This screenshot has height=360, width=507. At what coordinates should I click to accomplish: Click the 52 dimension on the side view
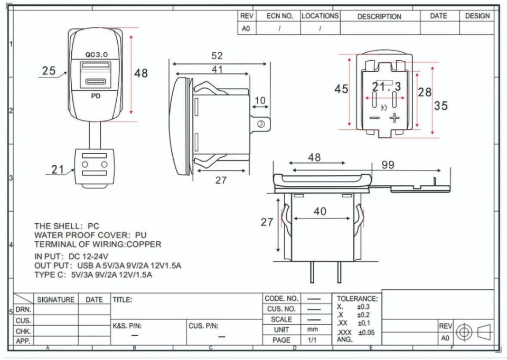pyautogui.click(x=217, y=55)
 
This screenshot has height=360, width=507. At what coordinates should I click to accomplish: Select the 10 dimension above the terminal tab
pyautogui.click(x=260, y=100)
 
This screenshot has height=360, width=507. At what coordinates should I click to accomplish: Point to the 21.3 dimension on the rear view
pyautogui.click(x=386, y=86)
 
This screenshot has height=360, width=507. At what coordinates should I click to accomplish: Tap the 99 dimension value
pyautogui.click(x=388, y=165)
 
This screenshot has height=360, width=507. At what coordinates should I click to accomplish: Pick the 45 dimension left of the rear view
pyautogui.click(x=341, y=89)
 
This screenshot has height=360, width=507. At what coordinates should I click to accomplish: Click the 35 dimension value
pyautogui.click(x=441, y=106)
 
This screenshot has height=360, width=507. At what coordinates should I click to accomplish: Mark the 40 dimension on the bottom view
pyautogui.click(x=320, y=211)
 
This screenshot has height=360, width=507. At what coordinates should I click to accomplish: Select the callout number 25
pyautogui.click(x=49, y=71)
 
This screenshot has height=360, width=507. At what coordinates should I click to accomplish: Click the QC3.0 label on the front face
pyautogui.click(x=96, y=55)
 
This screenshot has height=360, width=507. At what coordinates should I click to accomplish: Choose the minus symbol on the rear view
pyautogui.click(x=374, y=118)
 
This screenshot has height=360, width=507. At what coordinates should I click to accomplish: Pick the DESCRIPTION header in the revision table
pyautogui.click(x=379, y=16)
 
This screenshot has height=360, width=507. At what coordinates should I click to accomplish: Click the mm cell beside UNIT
pyautogui.click(x=313, y=330)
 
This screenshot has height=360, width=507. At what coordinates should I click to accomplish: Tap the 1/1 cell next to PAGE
pyautogui.click(x=313, y=340)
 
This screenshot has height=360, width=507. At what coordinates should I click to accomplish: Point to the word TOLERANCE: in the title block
pyautogui.click(x=357, y=298)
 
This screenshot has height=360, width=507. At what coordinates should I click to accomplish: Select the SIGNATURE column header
pyautogui.click(x=55, y=299)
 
